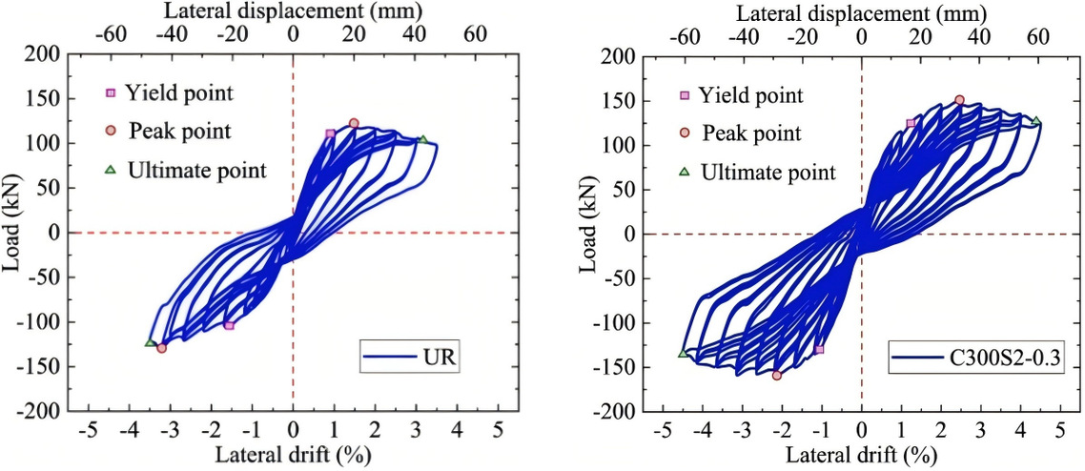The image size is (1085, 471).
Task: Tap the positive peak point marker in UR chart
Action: coord(354,123)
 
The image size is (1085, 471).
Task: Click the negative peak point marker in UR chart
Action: coord(161,348)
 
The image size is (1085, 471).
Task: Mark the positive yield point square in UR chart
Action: coord(330,133)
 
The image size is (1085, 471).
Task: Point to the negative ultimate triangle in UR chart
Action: coord(150,342)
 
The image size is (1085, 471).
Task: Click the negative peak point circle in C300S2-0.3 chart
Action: coord(776,376)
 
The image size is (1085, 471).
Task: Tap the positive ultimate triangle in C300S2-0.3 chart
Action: coord(1035,121)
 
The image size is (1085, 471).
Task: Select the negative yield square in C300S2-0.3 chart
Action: coord(819,350)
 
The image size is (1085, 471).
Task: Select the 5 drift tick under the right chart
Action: coord(1060,430)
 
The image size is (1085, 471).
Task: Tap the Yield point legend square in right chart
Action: coord(684,96)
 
